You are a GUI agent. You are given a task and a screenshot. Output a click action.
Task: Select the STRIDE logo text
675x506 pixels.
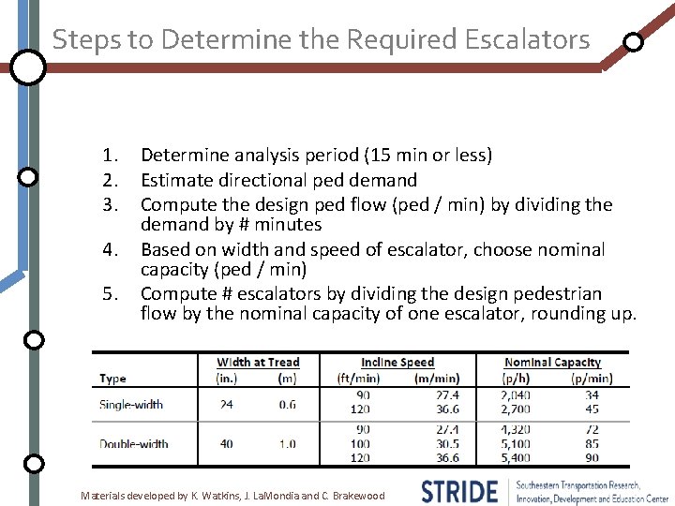(459, 491)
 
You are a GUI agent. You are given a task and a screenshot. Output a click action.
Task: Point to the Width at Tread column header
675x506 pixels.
(259, 363)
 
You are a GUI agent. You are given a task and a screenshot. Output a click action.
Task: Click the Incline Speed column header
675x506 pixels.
(397, 363)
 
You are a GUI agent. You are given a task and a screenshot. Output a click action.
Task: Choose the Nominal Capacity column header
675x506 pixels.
(552, 363)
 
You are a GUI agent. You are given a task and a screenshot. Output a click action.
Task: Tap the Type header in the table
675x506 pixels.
(112, 379)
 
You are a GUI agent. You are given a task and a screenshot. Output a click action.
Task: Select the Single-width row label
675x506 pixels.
(131, 405)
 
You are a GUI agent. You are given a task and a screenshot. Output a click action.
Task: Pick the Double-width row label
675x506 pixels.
(134, 443)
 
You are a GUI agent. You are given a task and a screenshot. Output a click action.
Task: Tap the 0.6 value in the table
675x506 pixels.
(288, 405)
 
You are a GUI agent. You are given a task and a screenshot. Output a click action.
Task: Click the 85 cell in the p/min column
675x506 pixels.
(592, 444)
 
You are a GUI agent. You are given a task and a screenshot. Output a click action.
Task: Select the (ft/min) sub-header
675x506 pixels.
(360, 379)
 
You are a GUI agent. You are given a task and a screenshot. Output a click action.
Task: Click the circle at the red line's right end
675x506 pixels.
(633, 42)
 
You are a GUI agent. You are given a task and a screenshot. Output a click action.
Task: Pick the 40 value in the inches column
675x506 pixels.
(227, 443)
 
